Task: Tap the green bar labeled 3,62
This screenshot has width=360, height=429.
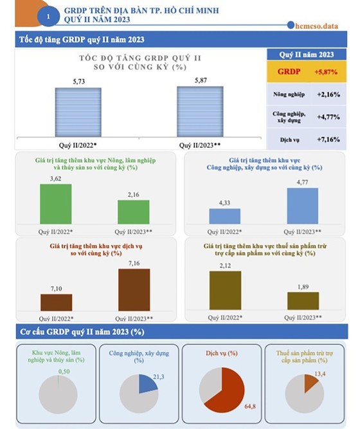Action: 56,204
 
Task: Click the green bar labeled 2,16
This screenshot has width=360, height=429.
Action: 134,212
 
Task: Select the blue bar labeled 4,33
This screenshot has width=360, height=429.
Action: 224,216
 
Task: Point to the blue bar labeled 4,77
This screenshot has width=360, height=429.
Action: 303,206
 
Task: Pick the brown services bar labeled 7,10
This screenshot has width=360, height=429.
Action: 57,303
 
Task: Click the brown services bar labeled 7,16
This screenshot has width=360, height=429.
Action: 134,290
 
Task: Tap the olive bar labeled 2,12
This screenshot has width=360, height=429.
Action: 225,291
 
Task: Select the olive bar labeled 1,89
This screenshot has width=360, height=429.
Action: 303,301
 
